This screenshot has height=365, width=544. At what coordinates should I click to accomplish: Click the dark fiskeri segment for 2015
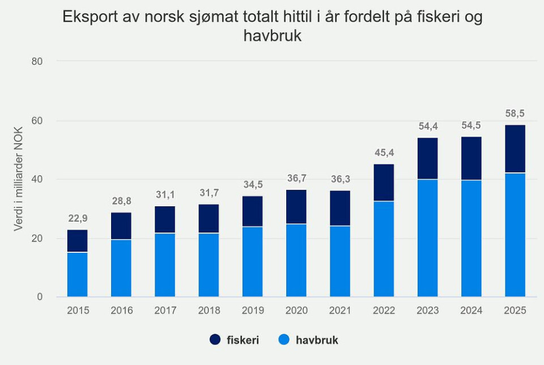pos(78,241)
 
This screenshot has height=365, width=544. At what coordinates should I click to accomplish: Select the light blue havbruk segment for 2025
pos(515,235)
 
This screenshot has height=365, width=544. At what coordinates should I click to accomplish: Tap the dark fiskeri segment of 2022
pos(384,182)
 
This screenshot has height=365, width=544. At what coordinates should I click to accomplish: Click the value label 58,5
pos(515,114)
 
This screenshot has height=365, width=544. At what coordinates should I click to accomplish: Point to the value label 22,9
pos(78,218)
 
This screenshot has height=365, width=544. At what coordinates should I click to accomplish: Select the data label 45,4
pos(384,153)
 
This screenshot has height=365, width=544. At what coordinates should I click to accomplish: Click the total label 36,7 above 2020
pos(296,179)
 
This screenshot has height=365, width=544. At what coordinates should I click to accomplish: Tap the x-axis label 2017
pos(165,311)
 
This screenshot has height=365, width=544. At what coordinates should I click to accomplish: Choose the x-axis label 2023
pos(428,311)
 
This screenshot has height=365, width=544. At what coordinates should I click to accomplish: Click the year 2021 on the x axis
pos(340,311)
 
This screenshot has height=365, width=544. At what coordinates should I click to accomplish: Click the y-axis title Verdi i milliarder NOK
pos(19,179)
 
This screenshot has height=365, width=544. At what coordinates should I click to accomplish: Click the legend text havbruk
pos(318,340)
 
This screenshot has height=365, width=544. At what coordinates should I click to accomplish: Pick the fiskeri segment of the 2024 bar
pos(471,158)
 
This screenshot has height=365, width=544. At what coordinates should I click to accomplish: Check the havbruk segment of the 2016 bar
pos(121,268)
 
